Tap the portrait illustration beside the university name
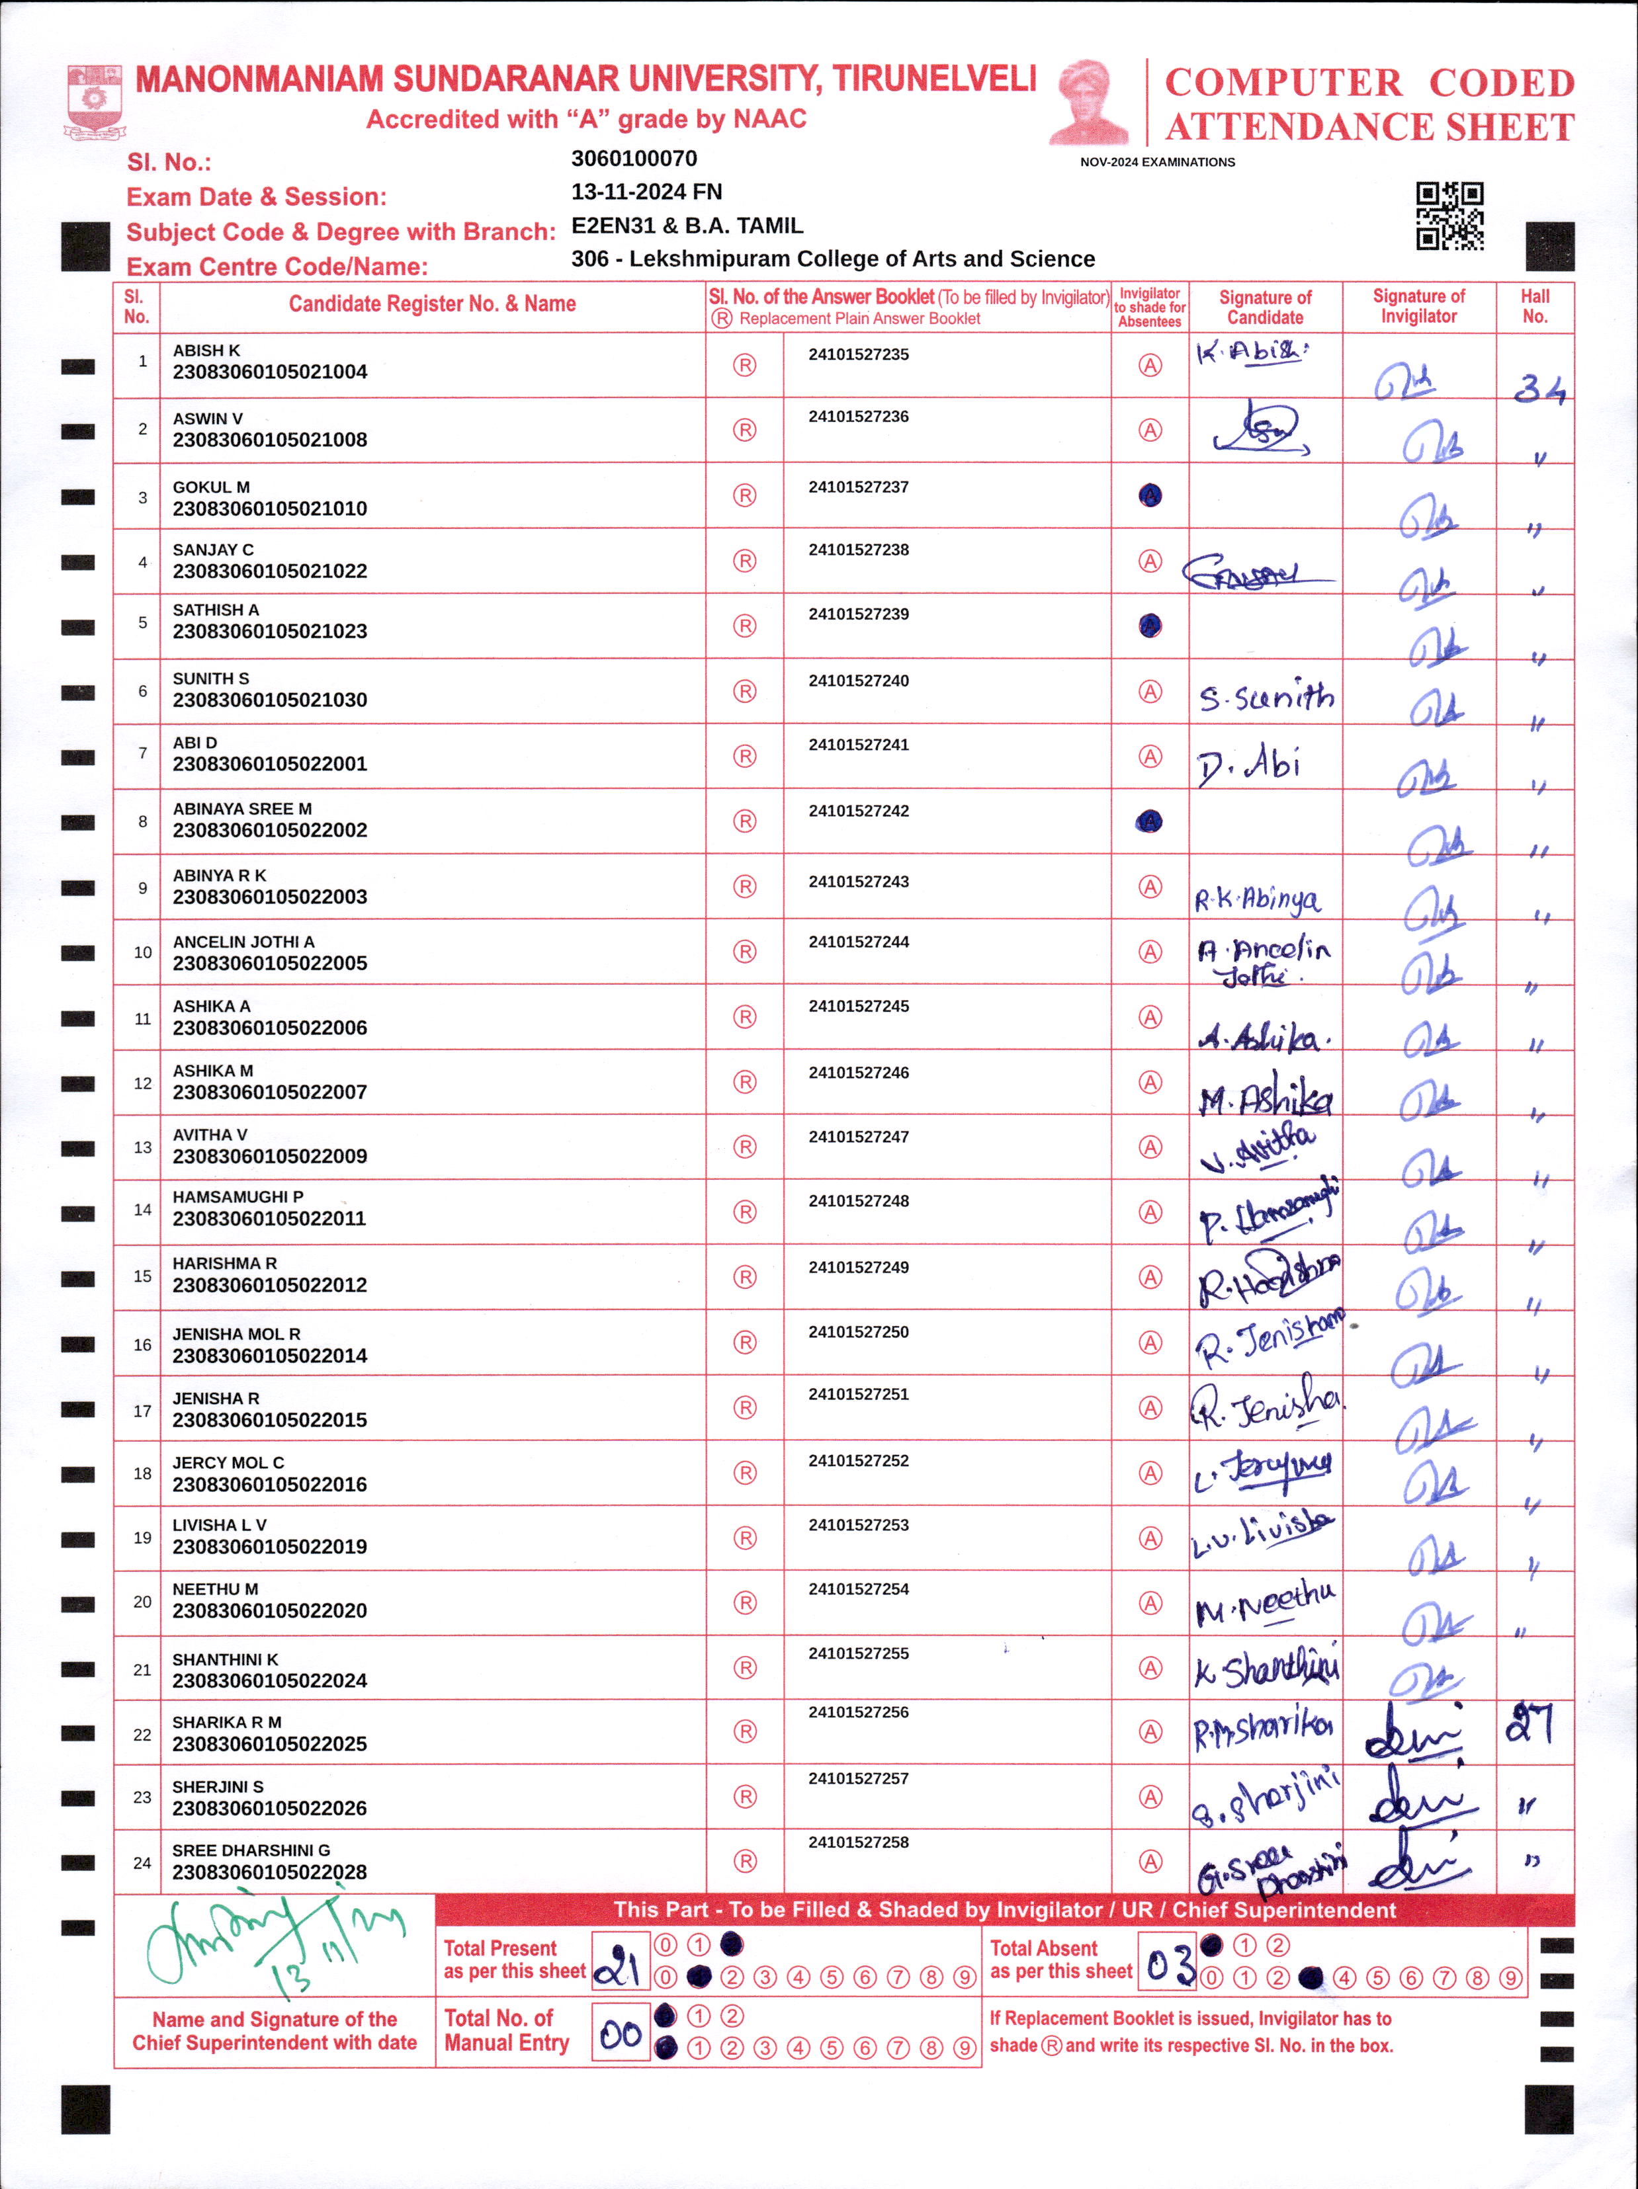click(1089, 102)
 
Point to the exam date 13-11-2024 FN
click(646, 192)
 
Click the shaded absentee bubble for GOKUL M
click(1150, 496)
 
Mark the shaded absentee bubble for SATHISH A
click(1150, 626)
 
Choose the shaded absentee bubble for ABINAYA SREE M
click(1150, 821)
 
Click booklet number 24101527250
click(858, 1332)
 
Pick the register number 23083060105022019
click(269, 1547)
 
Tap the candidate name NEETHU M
click(215, 1589)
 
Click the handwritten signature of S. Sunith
click(1266, 698)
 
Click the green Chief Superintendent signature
click(272, 1942)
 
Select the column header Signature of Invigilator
click(1418, 307)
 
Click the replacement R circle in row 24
click(744, 1862)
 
